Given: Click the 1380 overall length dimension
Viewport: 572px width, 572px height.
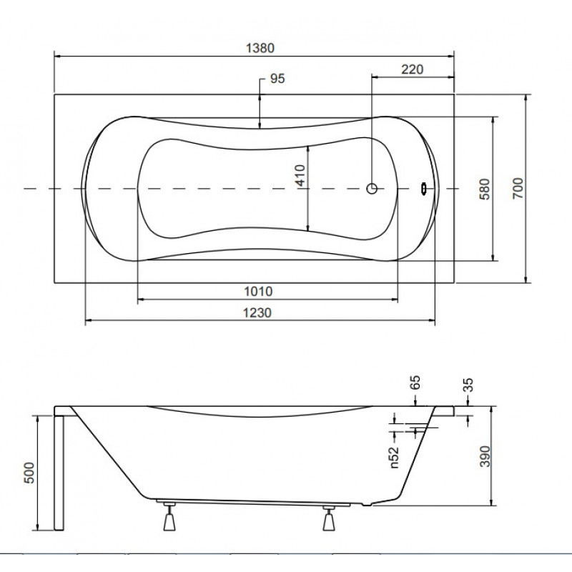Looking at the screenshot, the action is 260,48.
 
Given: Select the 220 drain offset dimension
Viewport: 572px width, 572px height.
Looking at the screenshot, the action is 413,69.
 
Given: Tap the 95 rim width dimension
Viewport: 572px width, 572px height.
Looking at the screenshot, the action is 277,79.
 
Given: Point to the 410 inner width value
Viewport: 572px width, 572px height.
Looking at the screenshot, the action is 300,175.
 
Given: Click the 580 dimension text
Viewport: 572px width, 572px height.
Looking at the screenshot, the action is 485,189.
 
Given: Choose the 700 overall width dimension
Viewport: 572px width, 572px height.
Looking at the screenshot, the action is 518,188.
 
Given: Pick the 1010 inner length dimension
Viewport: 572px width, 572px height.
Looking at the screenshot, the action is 258,291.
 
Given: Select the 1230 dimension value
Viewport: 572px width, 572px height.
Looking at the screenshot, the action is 257,312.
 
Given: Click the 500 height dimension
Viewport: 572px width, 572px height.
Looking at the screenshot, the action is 29,473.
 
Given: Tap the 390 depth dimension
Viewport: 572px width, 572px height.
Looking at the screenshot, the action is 485,456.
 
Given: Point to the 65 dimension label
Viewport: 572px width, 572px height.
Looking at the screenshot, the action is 415,383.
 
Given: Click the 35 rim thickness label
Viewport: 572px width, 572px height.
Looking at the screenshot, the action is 468,385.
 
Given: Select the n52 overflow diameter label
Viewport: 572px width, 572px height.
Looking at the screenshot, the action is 394,458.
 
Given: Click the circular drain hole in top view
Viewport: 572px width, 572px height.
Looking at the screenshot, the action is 372,189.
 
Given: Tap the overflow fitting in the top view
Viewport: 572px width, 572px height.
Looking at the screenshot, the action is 423,189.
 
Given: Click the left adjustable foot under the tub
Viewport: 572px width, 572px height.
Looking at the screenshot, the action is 169,516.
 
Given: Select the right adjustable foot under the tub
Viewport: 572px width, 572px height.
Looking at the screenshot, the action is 329,518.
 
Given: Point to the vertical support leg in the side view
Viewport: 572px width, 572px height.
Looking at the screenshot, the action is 59,473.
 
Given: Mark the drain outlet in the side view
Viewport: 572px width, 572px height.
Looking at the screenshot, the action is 367,505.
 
